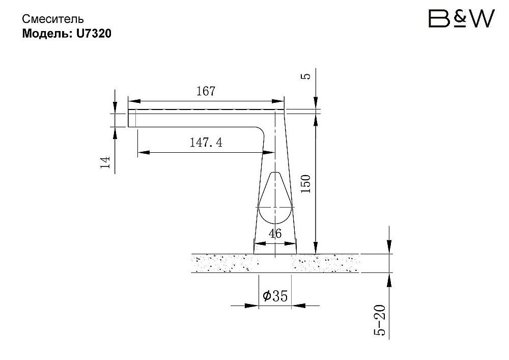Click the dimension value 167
pos(206,91)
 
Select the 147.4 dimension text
pos(206,142)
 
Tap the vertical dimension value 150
pos(305,184)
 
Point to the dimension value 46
pos(275,233)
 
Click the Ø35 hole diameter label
pos(275,296)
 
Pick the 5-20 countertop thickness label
pos(380,320)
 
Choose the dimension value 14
pos(105,162)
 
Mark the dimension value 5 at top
pos(306,76)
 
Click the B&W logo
pos(461,18)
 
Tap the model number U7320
pos(94,34)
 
